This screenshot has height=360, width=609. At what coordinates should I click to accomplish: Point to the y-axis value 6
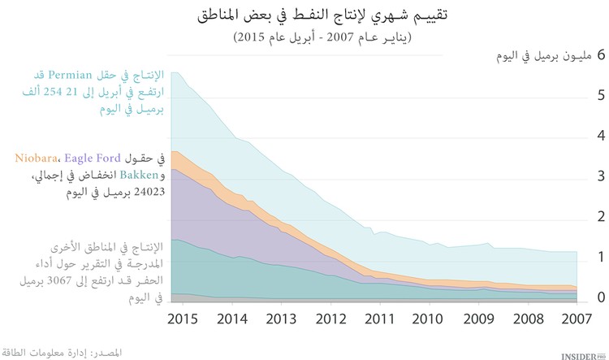coord(601,56)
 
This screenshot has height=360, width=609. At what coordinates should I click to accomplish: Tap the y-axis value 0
coord(601,298)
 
